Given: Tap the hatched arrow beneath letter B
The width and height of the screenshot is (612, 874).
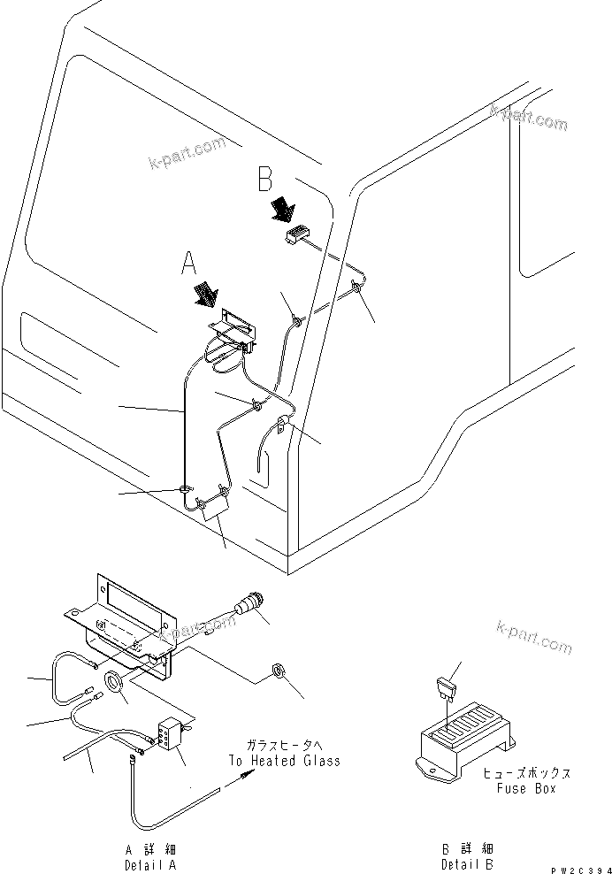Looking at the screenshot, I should point(283,210).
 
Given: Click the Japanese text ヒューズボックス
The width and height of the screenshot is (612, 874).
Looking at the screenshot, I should point(528,773).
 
